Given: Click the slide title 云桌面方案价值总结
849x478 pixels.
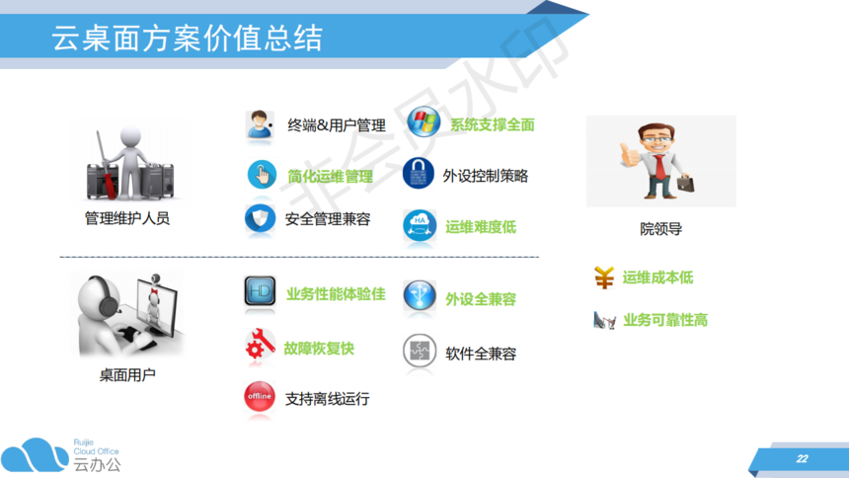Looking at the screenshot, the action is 187,38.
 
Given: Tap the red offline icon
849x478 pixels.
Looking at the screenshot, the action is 260,397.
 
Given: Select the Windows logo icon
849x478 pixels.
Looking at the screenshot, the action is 424,121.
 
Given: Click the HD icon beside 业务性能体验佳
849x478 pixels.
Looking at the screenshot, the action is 260,291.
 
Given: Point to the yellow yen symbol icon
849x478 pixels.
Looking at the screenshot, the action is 604,278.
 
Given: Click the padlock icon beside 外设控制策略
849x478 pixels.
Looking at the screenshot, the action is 418,174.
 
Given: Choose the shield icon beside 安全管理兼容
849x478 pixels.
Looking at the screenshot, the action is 260,219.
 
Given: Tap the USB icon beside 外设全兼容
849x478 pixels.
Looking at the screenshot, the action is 420,296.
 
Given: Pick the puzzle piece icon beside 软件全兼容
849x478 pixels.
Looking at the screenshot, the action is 420,351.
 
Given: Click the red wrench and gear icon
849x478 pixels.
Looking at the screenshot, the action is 260,344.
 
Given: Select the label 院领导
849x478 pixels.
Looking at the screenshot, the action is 660,229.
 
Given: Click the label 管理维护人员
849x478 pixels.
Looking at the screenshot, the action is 127,218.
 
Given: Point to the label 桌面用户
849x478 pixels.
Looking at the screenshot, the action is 127,375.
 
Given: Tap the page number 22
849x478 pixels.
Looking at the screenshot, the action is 802,459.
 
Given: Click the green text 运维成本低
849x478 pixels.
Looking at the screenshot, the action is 657,278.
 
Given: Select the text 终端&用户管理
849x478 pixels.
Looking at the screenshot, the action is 337,125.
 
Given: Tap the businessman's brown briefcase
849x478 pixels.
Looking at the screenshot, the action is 685,183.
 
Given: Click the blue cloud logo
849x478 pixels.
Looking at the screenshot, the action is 35,454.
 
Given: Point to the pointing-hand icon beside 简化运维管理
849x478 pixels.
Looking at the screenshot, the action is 262,175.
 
